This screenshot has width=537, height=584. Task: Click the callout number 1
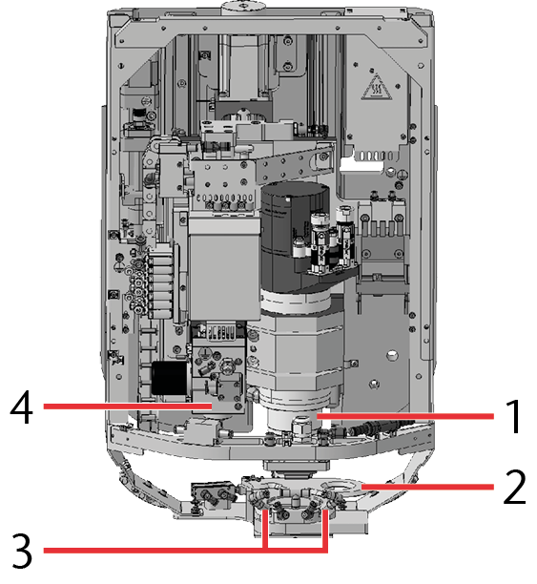click(514, 416)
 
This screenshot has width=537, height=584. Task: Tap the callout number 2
click(515, 488)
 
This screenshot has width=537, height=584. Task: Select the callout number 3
click(22, 550)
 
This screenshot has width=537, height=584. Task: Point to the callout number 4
click(21, 407)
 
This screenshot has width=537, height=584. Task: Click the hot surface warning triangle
click(377, 88)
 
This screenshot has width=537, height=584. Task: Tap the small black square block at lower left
click(170, 378)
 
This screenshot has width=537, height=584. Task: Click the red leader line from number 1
click(405, 416)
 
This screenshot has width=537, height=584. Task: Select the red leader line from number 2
click(427, 487)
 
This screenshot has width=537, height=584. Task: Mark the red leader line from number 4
click(128, 407)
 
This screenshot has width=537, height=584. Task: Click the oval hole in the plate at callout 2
click(342, 487)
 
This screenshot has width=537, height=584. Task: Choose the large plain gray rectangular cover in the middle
click(224, 269)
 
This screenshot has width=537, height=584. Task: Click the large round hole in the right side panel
click(391, 356)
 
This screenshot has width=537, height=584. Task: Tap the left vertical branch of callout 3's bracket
click(265, 530)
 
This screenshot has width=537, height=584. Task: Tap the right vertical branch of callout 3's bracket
click(325, 530)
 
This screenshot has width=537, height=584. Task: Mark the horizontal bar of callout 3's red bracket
click(185, 550)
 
